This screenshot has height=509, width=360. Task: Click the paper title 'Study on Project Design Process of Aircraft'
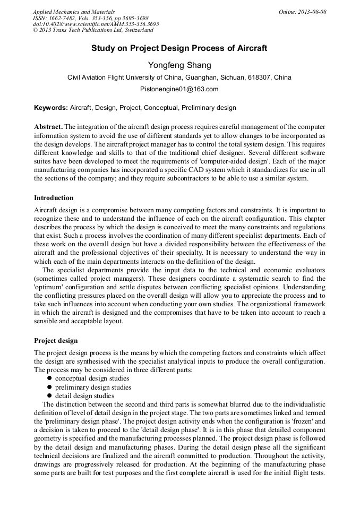[x=179, y=48]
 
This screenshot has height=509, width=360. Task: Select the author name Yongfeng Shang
[x=179, y=65]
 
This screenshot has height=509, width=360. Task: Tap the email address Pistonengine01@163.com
[x=179, y=89]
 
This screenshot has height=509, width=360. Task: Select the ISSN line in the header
[x=90, y=18]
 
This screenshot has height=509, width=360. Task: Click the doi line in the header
[x=96, y=24]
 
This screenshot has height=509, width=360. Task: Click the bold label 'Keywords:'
[x=51, y=108]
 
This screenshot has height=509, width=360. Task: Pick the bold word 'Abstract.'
[x=48, y=127]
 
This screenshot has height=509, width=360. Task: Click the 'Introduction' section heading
[x=54, y=198]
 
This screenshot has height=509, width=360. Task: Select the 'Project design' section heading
[x=56, y=340]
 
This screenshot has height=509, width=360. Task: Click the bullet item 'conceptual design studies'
[x=92, y=378]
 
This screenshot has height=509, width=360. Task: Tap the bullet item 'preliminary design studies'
[x=93, y=387]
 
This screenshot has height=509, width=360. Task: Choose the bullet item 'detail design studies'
[x=84, y=395]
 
